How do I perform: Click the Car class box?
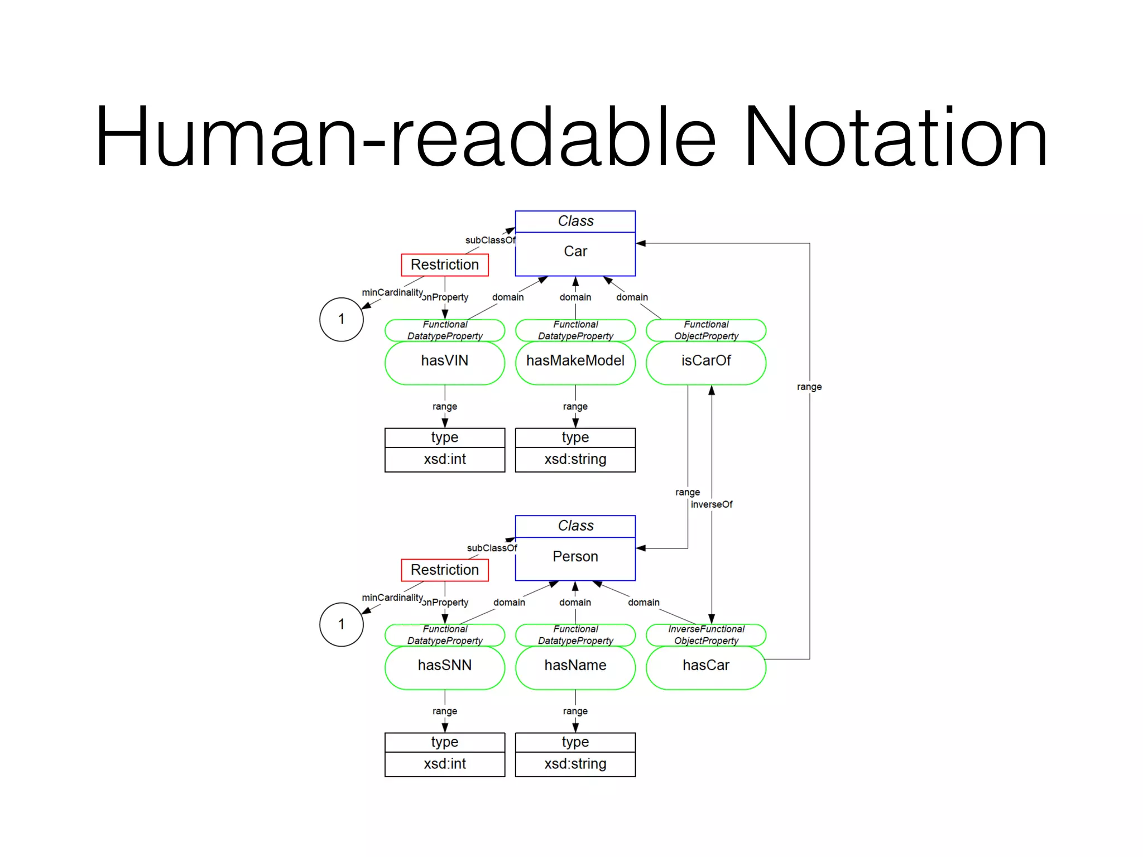pos(575,252)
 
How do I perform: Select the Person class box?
pos(575,557)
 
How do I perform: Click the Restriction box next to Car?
pos(444,264)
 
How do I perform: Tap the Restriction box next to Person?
pos(444,570)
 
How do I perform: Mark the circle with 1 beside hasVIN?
pos(341,319)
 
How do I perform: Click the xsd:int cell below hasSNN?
pos(444,764)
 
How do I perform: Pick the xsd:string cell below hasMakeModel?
pos(575,459)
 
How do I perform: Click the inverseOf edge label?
pos(712,504)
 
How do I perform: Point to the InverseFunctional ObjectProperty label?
pos(706,635)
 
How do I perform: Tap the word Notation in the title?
pos(895,137)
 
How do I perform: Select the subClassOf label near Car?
pos(491,240)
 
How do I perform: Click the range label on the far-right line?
pos(809,387)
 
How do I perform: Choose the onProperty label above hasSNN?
pos(445,603)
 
